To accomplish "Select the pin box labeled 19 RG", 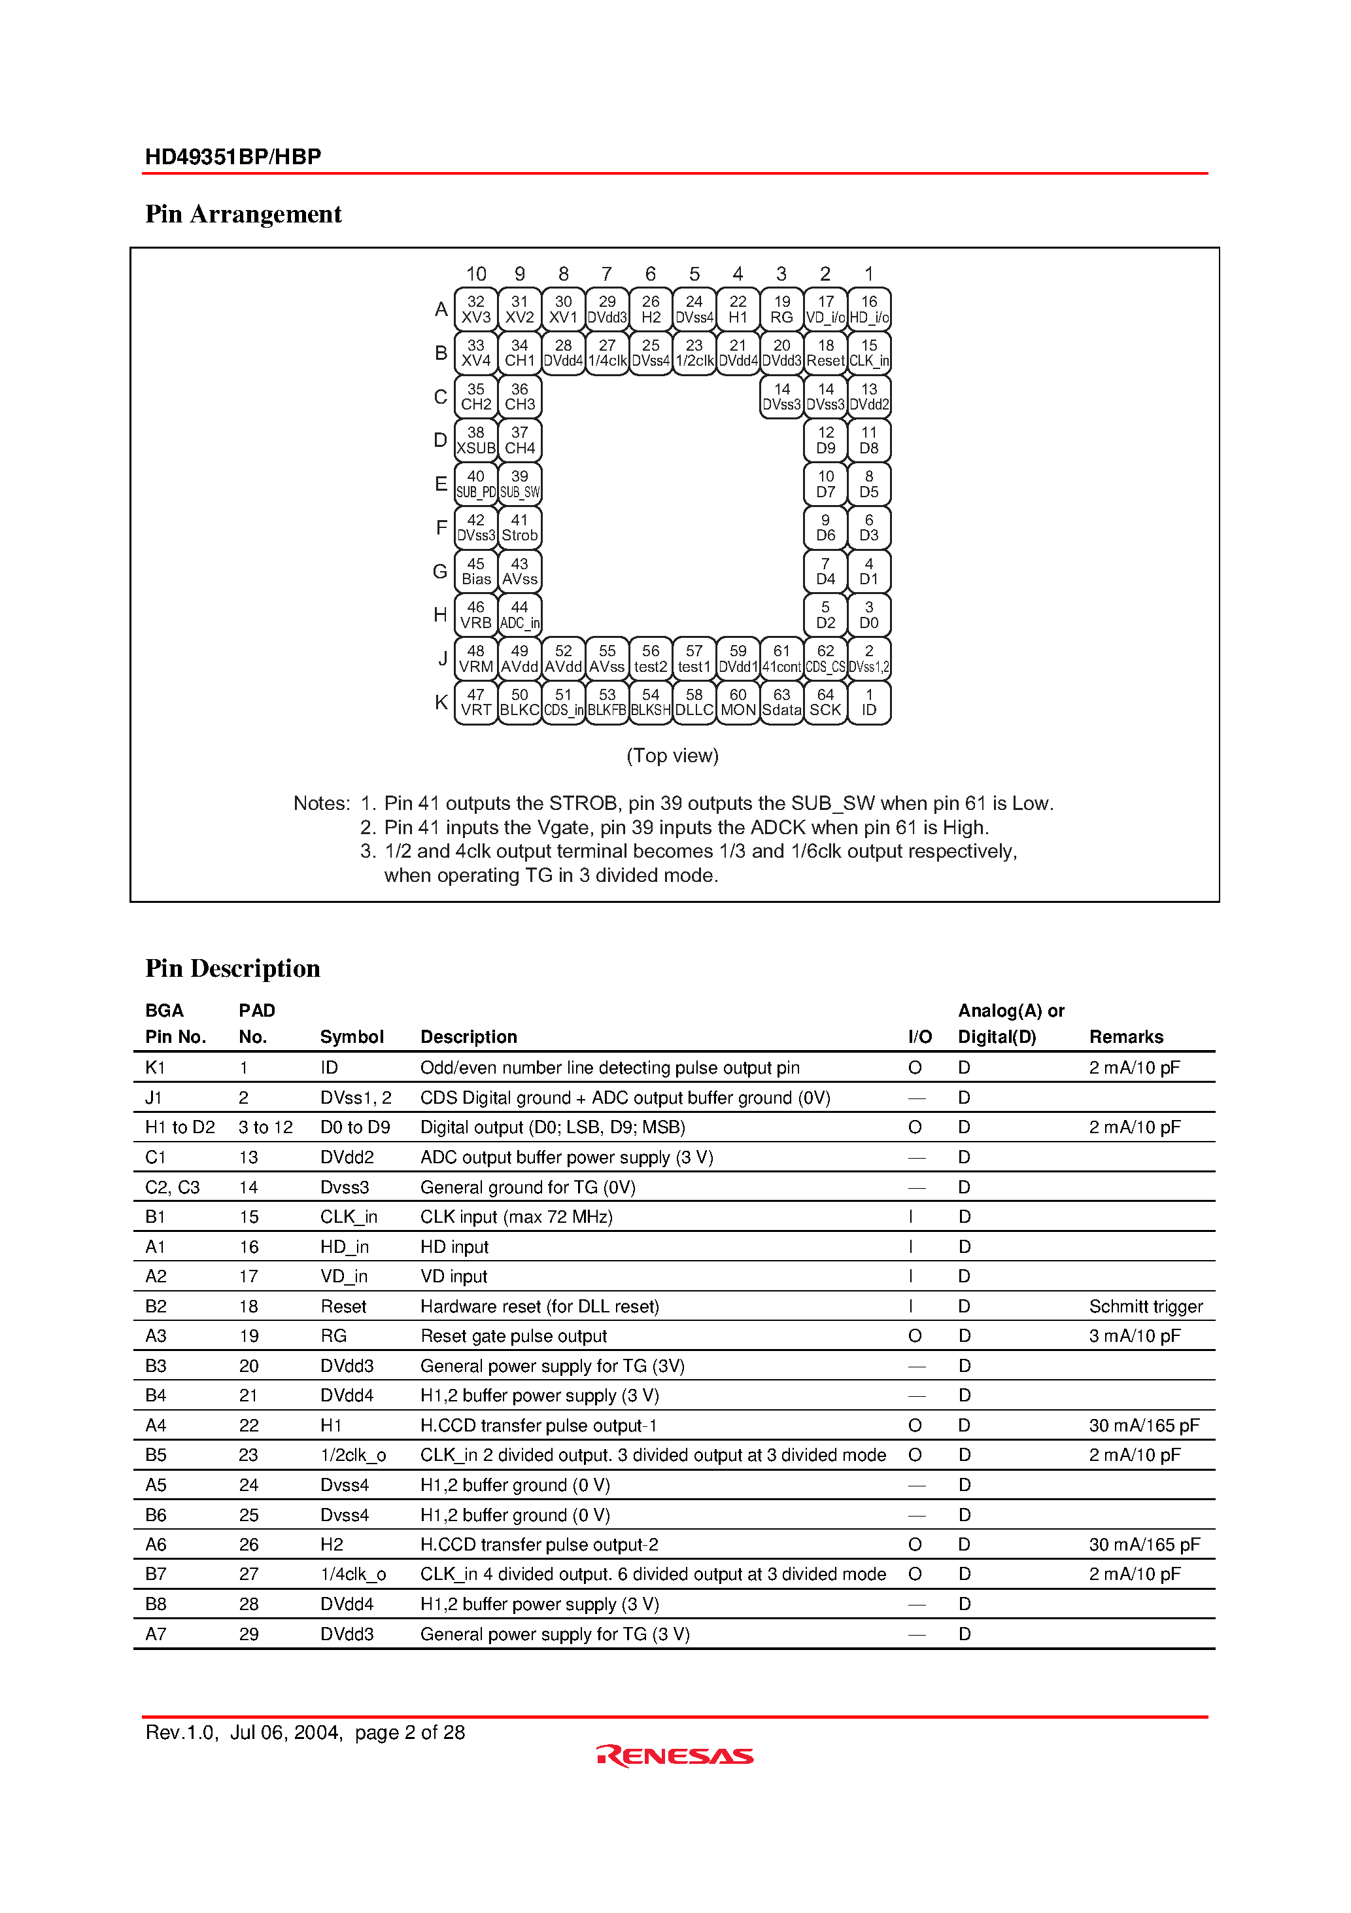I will point(781,309).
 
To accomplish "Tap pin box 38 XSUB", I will point(475,440).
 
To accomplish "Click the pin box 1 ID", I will point(869,703).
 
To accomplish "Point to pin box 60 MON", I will point(738,703).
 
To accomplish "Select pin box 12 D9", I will point(825,440).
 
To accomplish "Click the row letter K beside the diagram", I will point(441,703).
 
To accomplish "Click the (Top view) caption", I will point(672,756).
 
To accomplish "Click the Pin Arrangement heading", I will point(243,214).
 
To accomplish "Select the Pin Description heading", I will point(232,968).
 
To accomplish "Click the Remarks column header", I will point(1125,1036).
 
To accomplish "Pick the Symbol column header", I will point(352,1036).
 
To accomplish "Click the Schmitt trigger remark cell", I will point(1145,1307).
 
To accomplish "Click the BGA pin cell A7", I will point(156,1634).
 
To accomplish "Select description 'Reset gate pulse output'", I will point(513,1335).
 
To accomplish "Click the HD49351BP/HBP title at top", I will point(233,156).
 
